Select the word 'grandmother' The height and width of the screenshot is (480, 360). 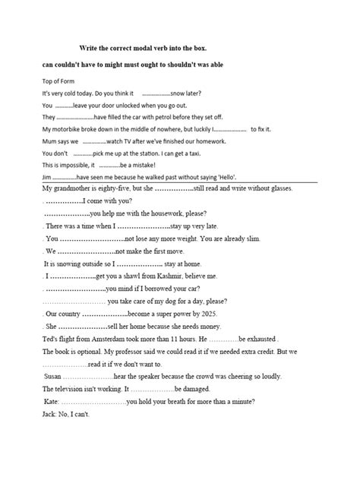coord(74,188)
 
